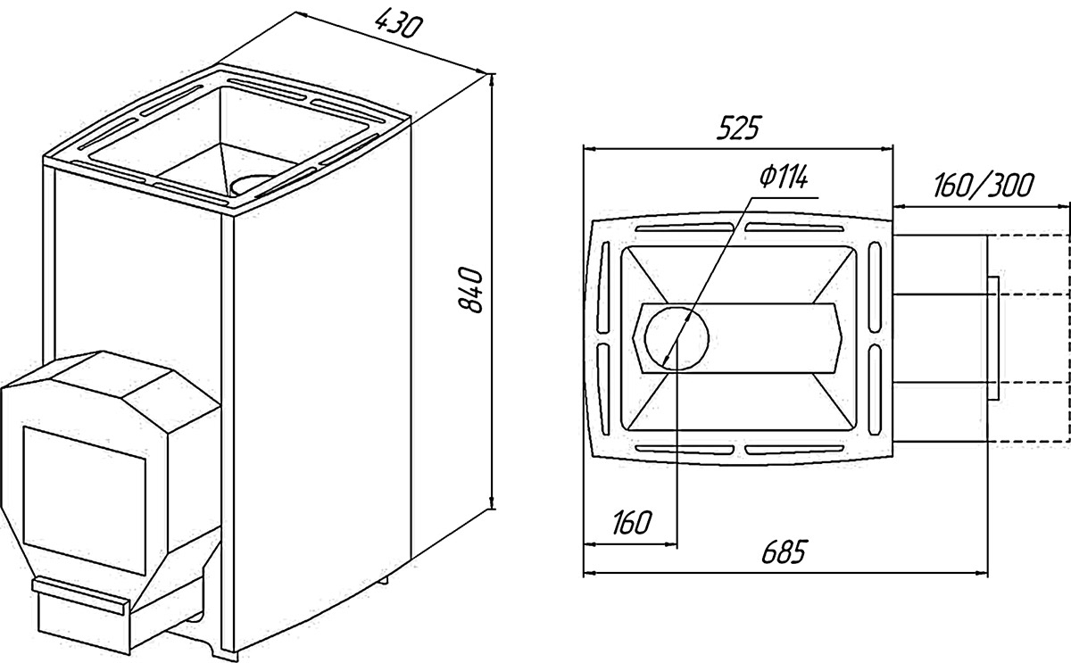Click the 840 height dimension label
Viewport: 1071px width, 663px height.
click(x=471, y=290)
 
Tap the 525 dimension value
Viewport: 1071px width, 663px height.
click(x=738, y=128)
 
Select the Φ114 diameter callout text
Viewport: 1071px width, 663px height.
click(x=785, y=178)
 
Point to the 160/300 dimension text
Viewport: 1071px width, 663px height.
click(x=984, y=185)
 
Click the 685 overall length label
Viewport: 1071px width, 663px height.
click(x=785, y=551)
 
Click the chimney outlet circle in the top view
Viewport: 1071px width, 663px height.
click(x=677, y=338)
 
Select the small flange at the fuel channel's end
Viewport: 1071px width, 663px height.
click(x=993, y=338)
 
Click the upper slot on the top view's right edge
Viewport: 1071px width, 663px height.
click(x=875, y=287)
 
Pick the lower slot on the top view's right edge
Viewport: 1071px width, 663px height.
click(x=875, y=390)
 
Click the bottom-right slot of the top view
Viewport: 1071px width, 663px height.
click(x=794, y=450)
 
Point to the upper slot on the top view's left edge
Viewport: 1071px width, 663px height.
click(x=604, y=287)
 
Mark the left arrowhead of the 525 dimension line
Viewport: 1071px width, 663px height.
click(x=590, y=149)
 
